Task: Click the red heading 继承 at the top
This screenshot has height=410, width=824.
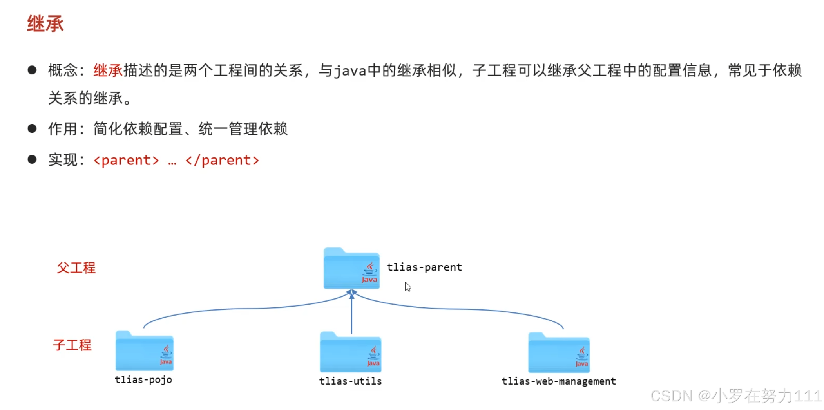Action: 45,23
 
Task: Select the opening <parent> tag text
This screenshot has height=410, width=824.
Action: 126,160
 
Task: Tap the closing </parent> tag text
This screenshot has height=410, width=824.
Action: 222,160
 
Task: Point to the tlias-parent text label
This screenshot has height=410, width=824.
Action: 424,267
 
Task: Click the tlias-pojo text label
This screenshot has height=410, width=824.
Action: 143,380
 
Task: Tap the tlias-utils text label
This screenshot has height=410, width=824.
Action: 350,381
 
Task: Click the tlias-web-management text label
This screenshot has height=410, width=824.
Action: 559,381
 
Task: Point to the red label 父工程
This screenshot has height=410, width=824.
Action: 76,268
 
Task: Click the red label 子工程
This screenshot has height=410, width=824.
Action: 72,345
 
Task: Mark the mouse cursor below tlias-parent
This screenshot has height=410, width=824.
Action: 407,287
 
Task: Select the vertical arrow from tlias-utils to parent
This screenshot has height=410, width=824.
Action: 351,315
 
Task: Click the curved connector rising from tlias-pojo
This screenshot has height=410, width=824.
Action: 235,309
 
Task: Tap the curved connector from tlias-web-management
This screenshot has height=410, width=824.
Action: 470,309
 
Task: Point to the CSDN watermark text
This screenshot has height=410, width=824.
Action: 736,396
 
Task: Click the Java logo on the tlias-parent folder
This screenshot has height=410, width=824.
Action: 369,273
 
